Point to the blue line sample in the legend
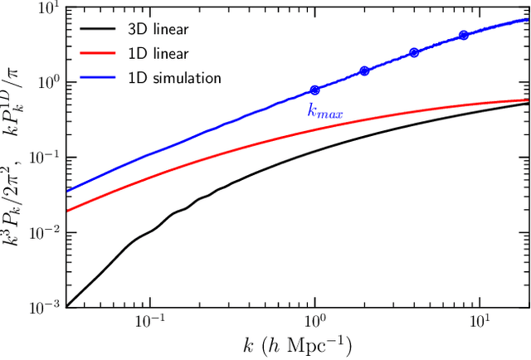[98, 78]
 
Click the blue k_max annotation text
[325, 109]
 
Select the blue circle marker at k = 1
[314, 90]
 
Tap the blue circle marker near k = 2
[364, 71]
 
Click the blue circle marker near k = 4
[414, 52]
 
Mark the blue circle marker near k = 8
[464, 35]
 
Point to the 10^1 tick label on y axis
[49, 8]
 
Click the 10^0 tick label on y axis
[49, 83]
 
